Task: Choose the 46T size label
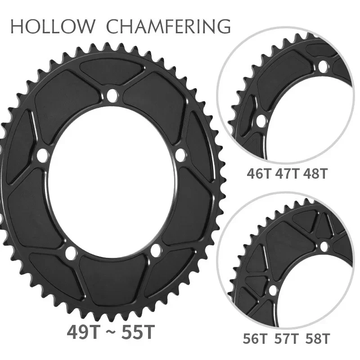pyautogui.click(x=258, y=174)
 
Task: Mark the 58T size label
pyautogui.click(x=316, y=337)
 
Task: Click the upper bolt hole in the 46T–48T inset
pyautogui.click(x=322, y=67)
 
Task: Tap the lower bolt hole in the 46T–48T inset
pyautogui.click(x=260, y=120)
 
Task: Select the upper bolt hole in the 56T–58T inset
pyautogui.click(x=324, y=245)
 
